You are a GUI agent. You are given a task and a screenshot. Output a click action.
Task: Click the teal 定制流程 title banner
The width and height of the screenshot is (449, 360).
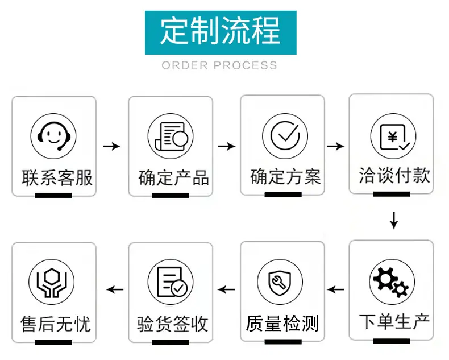click(x=221, y=32)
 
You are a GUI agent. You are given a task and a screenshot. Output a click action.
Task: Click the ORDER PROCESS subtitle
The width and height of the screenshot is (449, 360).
click(x=219, y=65)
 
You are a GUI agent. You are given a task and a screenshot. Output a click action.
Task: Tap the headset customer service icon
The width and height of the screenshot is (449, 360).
click(x=53, y=136)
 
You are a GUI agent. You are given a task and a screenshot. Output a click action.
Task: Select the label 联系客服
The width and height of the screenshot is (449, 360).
click(x=57, y=177)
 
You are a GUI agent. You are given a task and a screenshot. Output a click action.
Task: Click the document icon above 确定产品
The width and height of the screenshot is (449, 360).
click(x=171, y=136)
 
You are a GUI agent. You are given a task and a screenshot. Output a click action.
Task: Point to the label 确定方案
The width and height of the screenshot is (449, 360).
click(x=285, y=176)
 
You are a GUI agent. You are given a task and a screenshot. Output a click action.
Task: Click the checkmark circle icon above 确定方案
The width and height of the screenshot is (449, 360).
click(x=285, y=136)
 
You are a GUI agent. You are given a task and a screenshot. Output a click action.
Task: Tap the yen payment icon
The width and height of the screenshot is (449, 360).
click(x=393, y=136)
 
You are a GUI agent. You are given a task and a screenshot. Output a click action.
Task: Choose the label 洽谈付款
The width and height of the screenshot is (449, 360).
click(x=394, y=175)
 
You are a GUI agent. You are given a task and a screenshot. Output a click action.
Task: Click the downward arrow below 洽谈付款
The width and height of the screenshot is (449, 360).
click(x=394, y=221)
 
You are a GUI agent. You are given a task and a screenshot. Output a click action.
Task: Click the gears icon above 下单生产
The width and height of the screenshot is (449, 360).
click(x=392, y=282)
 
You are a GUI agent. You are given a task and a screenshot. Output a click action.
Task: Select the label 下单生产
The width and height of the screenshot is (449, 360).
click(x=394, y=321)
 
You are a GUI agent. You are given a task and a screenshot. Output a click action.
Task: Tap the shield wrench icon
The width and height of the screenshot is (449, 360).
click(x=280, y=282)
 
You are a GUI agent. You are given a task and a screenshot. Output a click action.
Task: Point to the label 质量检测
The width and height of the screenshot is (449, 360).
click(x=282, y=324)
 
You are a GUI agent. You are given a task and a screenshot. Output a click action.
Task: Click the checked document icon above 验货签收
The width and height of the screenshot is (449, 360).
click(x=171, y=282)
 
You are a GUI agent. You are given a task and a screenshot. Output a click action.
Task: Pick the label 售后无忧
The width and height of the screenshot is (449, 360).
click(x=56, y=324)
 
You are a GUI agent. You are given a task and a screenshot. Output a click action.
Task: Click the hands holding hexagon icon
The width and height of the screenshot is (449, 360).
click(x=52, y=282)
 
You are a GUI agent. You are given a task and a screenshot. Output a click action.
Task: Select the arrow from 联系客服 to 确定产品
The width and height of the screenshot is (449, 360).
click(x=111, y=147)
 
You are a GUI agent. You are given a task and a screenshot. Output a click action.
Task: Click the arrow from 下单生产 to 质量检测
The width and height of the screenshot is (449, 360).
click(x=335, y=289)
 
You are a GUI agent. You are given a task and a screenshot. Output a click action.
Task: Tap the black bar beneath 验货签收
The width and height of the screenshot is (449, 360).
click(x=171, y=342)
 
